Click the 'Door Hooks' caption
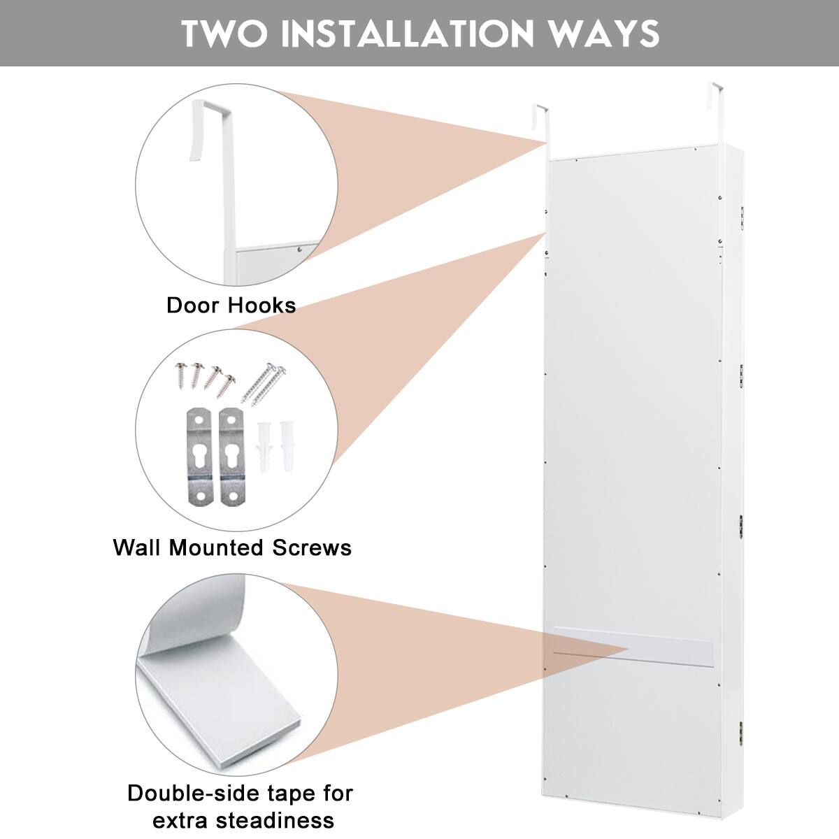tap(231, 306)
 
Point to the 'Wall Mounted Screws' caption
tap(232, 547)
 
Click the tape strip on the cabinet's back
tap(633, 647)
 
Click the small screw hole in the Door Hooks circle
tap(299, 248)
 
